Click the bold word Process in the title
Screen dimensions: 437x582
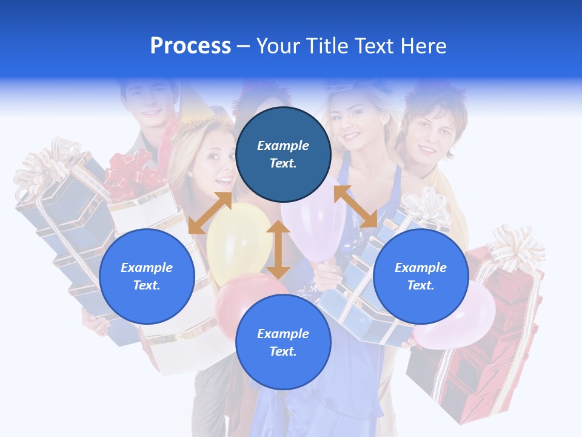(190, 46)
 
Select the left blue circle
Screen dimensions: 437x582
(147, 276)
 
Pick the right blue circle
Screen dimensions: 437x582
(421, 276)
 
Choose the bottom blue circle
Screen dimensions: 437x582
(283, 342)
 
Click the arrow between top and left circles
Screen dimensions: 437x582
(210, 213)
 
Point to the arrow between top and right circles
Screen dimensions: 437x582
(355, 206)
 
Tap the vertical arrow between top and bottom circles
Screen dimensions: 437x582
(278, 249)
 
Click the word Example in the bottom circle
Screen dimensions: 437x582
(283, 334)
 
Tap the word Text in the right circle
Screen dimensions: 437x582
(421, 285)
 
